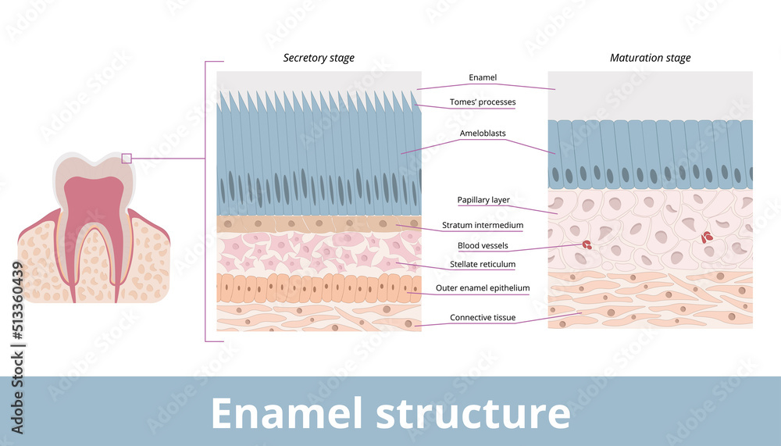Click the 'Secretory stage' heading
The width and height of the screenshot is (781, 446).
[319, 58]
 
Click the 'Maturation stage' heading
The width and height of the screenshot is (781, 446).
[650, 58]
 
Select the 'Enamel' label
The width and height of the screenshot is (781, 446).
[483, 78]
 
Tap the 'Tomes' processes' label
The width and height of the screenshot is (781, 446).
[483, 102]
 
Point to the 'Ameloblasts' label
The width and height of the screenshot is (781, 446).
[483, 134]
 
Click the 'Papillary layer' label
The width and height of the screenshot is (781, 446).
[483, 200]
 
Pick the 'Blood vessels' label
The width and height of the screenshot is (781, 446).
[483, 245]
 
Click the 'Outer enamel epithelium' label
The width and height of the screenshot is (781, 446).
[483, 288]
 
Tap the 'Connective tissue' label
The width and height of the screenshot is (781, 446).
[483, 317]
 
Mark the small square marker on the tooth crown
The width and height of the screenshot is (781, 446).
[127, 159]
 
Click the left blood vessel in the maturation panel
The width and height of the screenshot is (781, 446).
[585, 244]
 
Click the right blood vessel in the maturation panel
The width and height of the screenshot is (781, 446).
[708, 237]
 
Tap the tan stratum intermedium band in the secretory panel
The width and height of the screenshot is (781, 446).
[319, 224]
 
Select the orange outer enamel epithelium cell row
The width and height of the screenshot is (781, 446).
[319, 288]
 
